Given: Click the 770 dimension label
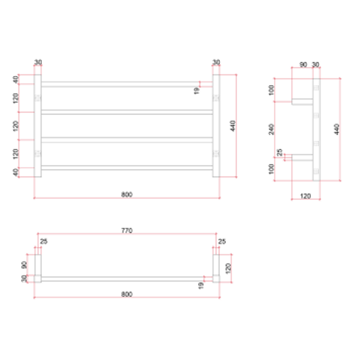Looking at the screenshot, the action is [x=127, y=230].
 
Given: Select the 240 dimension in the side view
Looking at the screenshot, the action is [x=271, y=129].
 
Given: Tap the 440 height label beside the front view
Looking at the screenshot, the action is [x=233, y=126].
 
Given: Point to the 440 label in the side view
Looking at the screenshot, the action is [x=336, y=129].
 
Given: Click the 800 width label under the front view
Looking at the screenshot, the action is [x=127, y=194].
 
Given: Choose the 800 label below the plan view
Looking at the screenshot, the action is [x=127, y=294].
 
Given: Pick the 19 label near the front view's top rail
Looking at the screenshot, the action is [x=197, y=91].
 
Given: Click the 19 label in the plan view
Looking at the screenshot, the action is [x=201, y=285].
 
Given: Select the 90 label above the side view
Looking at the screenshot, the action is [x=303, y=65].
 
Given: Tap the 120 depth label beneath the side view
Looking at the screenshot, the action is [x=306, y=196].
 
